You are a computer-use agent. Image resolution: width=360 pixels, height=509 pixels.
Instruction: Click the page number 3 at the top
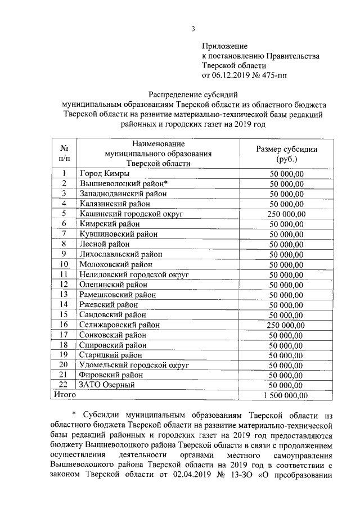[x=193, y=29]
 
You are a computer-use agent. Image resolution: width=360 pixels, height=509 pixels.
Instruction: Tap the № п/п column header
[x=65, y=154]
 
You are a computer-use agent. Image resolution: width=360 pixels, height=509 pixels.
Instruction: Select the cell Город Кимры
[x=104, y=174]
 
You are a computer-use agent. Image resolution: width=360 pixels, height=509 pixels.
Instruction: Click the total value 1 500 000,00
[x=286, y=395]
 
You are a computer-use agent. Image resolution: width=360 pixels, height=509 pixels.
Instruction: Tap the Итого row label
[x=64, y=395]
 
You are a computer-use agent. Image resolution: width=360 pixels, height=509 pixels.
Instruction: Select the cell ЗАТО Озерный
[x=106, y=385]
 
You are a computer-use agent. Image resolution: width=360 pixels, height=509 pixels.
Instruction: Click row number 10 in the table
[x=65, y=264]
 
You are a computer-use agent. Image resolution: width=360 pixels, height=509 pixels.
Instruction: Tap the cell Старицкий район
[x=111, y=355]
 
